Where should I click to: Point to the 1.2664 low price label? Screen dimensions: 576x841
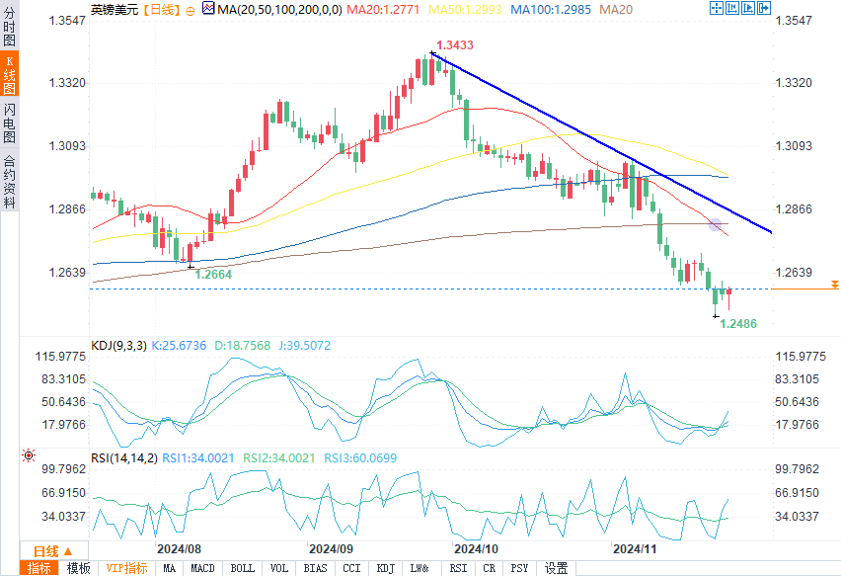pos(213,274)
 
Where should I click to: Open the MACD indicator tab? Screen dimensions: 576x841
pos(202,568)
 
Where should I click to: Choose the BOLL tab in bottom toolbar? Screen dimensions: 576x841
pos(242,568)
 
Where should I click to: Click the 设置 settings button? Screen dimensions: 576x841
pos(556,568)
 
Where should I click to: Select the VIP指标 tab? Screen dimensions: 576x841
pos(126,568)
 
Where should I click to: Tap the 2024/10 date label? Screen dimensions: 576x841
pos(476,547)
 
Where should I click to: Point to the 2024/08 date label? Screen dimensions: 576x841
pos(180,547)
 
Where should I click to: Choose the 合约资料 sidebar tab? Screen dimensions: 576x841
pos(10,182)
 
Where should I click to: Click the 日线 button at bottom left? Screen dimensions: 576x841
pos(45,550)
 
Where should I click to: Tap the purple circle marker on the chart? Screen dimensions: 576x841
pos(716,225)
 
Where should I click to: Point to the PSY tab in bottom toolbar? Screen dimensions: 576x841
pos(519,568)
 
